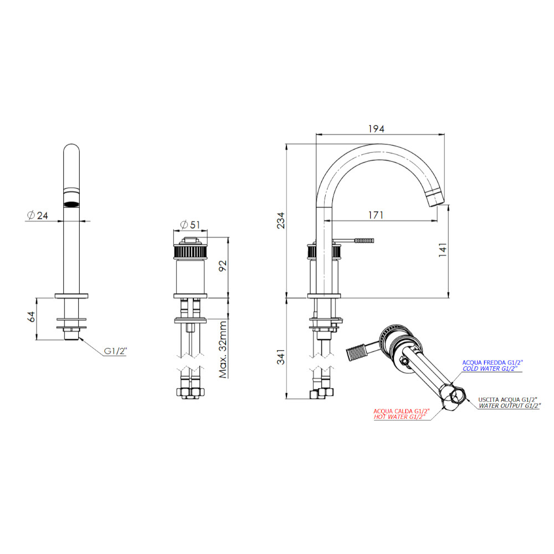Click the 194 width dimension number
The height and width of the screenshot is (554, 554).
(376, 129)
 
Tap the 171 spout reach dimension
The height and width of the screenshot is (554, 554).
(376, 215)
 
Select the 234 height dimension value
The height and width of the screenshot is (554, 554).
(280, 220)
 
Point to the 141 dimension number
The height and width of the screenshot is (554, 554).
(443, 249)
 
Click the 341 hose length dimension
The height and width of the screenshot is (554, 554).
(280, 357)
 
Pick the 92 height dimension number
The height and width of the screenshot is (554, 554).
(223, 266)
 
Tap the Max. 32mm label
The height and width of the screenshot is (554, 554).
(223, 350)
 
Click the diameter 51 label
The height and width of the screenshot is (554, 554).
(190, 225)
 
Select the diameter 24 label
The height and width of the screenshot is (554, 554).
(38, 215)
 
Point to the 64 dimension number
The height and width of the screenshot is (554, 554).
(32, 316)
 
